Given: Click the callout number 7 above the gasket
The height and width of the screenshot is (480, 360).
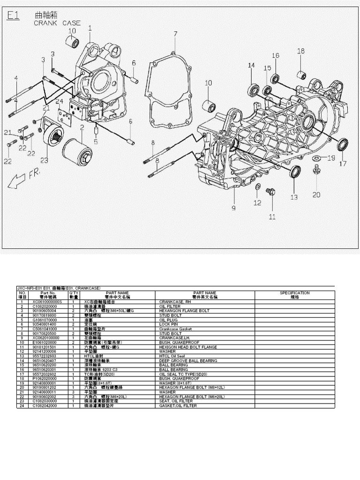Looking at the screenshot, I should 175,34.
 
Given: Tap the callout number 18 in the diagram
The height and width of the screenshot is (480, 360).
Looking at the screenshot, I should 300,51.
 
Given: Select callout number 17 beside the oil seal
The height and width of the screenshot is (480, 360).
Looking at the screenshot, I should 343,164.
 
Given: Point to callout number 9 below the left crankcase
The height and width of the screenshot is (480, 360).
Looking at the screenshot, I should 233,207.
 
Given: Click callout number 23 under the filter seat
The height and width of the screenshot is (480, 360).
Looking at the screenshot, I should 44,160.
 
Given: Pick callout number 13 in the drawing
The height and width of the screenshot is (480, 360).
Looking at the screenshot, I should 294,197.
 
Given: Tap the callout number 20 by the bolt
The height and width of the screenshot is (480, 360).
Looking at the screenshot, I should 316,195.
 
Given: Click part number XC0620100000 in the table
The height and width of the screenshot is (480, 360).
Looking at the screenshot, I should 46,337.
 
